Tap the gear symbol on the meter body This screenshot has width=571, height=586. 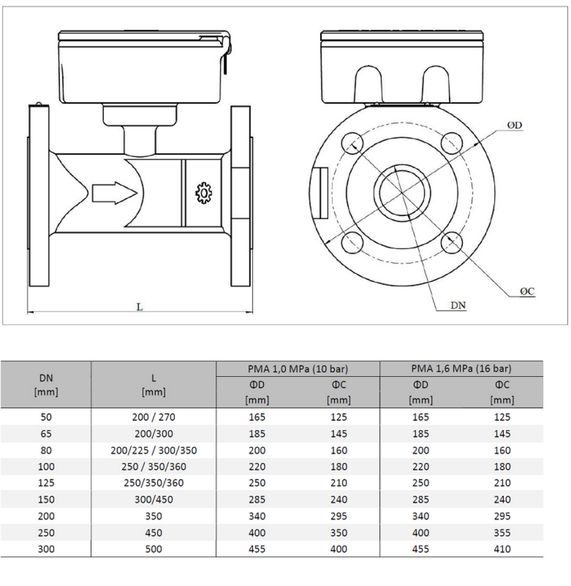[204, 193]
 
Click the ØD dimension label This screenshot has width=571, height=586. [514, 125]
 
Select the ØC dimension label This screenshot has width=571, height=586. [527, 291]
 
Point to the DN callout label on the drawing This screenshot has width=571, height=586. [458, 306]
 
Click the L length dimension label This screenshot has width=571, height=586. [139, 307]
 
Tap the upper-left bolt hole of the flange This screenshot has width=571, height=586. [352, 143]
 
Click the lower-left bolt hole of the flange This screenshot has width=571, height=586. [352, 242]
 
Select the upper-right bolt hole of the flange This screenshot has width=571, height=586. [451, 143]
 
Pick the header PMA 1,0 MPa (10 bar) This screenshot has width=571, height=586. [298, 369]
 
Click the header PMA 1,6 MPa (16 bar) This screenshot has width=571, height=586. [461, 368]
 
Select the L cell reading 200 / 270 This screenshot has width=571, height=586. [153, 417]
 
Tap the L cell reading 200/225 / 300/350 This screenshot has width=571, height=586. [153, 450]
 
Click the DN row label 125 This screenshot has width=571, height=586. [46, 483]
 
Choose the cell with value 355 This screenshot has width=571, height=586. [502, 533]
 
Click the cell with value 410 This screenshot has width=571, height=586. [502, 549]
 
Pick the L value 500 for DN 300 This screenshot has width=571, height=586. [153, 549]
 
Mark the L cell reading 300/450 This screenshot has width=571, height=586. [153, 500]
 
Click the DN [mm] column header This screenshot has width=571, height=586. [46, 385]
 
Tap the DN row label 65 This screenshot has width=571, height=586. [46, 434]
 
